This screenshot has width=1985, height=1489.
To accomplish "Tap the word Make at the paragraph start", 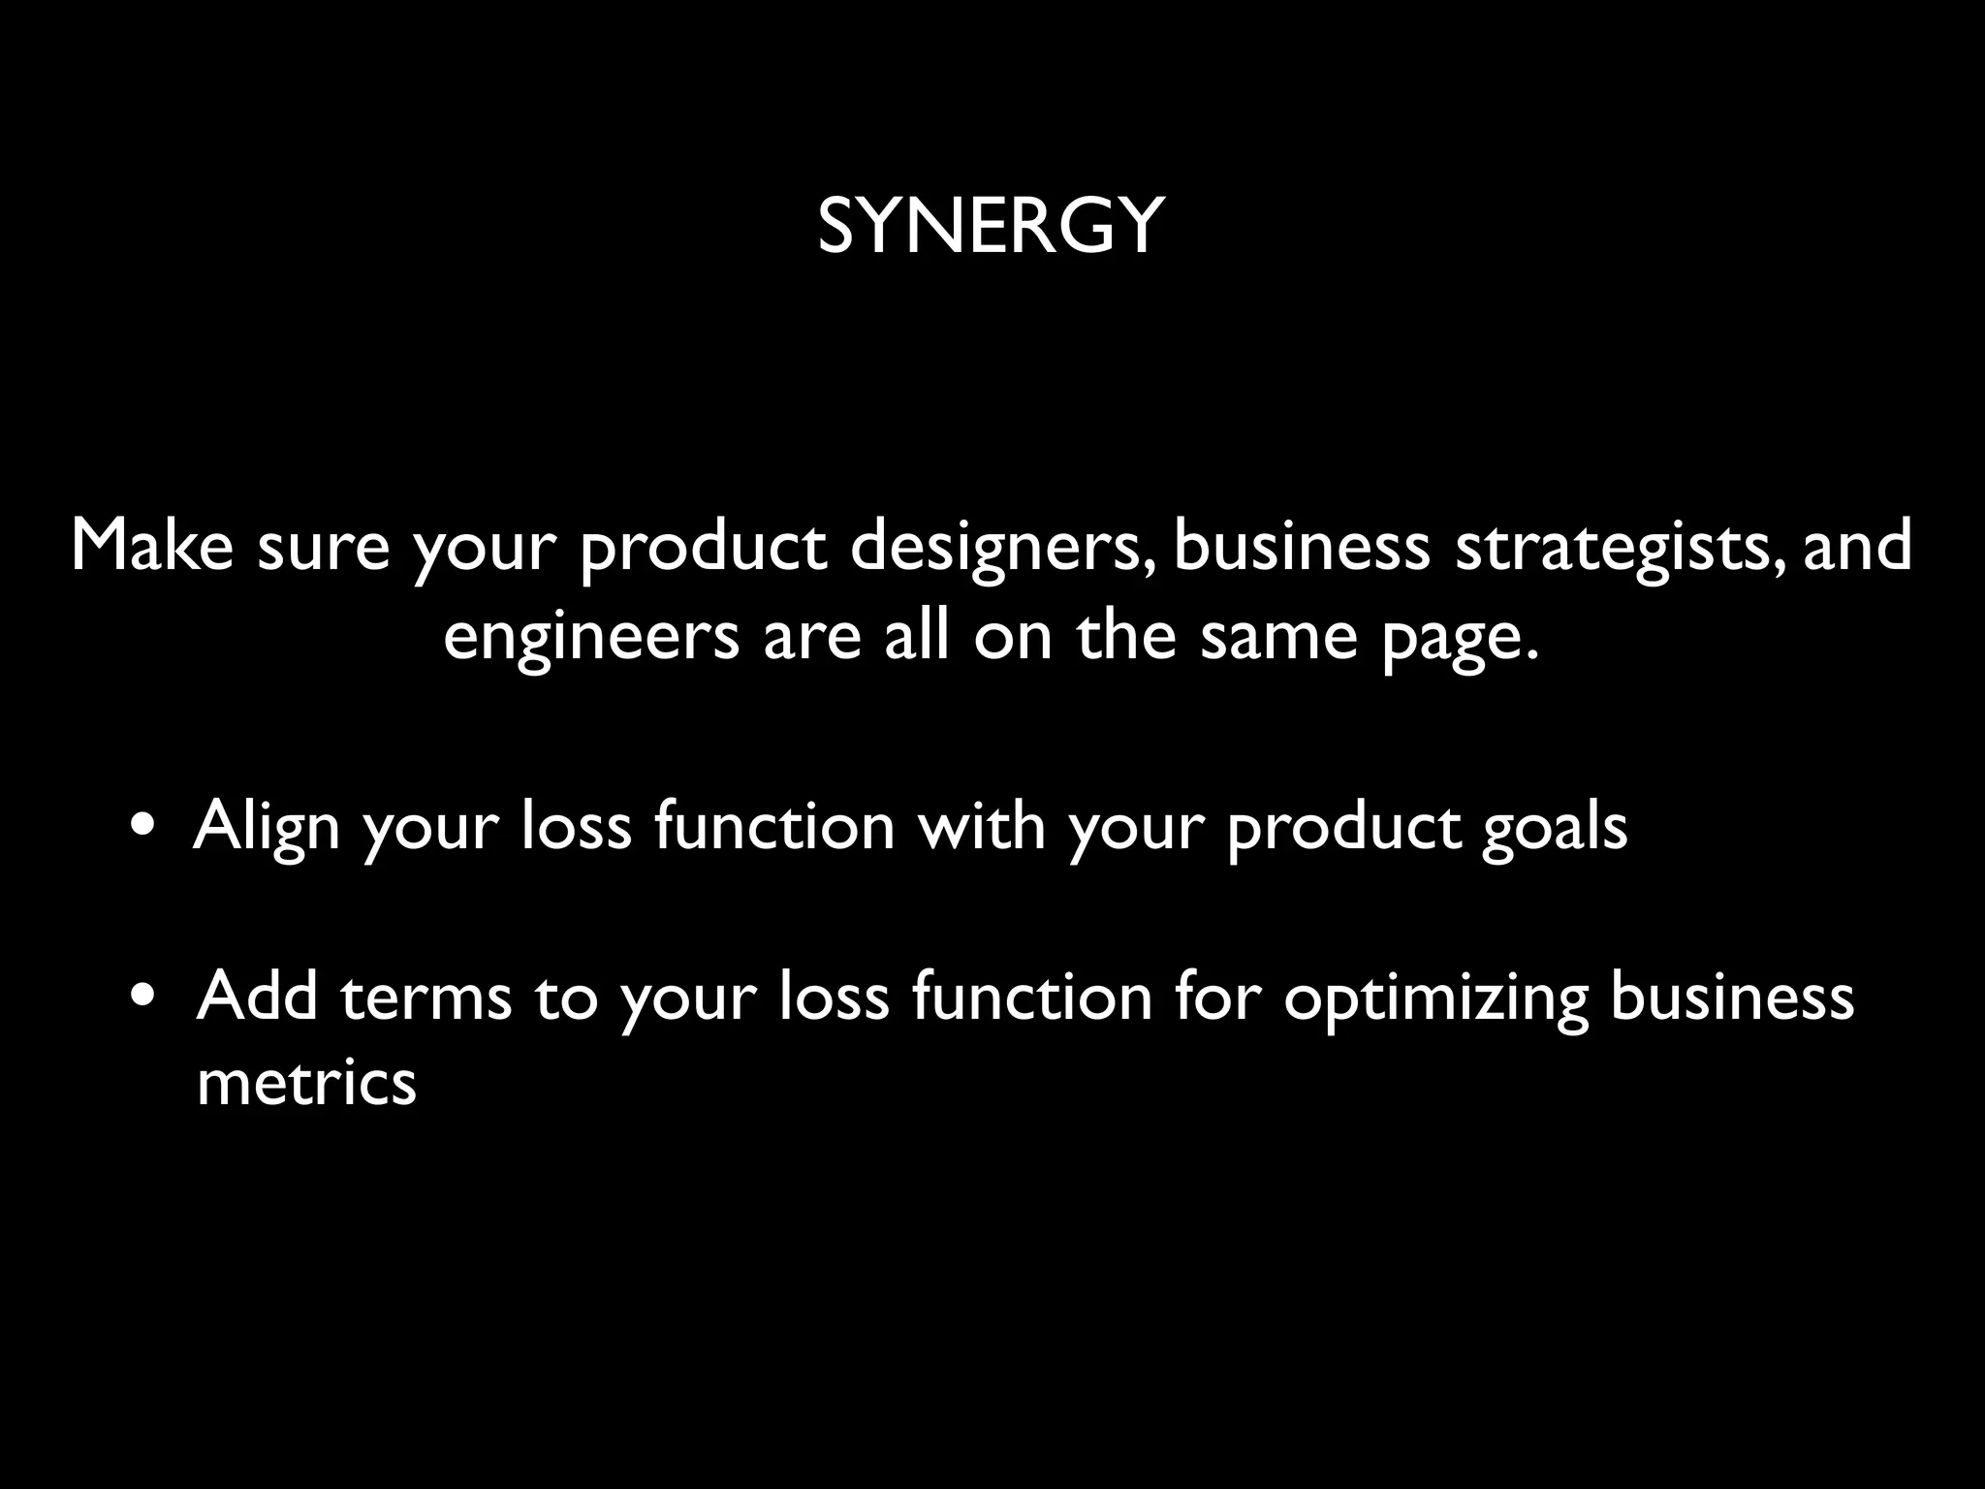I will (x=152, y=545).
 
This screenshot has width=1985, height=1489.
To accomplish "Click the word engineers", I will (x=591, y=638).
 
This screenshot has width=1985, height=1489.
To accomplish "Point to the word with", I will (x=982, y=826).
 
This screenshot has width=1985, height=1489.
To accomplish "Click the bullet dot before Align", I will (x=144, y=829).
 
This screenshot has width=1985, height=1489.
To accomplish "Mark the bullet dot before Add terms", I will (x=144, y=998).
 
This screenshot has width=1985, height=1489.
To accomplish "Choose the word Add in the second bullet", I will (x=257, y=997).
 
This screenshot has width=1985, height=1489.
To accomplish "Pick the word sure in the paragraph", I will (x=323, y=547).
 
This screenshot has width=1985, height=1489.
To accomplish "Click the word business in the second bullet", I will (x=1731, y=997).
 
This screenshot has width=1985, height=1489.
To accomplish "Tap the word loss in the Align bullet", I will (x=576, y=826).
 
